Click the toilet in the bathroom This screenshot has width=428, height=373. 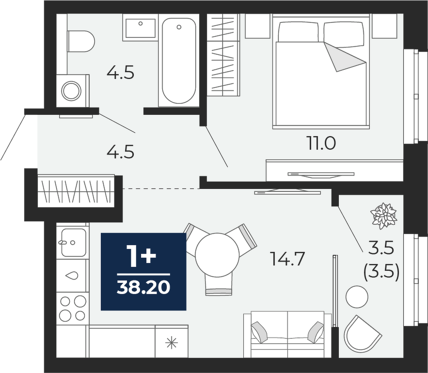click(80, 41)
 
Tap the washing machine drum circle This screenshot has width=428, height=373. click(71, 91)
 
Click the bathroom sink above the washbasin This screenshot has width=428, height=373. click(140, 28)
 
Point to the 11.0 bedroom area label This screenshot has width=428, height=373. click(322, 143)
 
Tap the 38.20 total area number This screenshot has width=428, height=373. click(143, 288)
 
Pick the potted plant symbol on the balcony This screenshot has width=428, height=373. click(383, 216)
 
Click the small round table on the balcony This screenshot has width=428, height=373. click(357, 296)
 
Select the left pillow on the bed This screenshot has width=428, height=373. click(299, 32)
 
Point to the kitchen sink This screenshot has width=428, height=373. click(74, 242)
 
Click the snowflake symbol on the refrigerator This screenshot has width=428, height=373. click(172, 342)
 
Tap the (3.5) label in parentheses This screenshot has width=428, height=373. click(381, 272)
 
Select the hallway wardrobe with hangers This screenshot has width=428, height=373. click(76, 191)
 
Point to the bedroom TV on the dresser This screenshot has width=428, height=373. click(321, 174)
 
